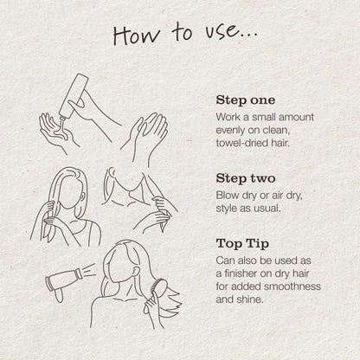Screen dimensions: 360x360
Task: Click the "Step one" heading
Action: point(246,100)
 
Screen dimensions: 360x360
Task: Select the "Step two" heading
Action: point(246,178)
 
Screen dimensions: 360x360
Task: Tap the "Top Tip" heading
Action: point(242,244)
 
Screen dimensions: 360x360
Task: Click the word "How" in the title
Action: point(136,35)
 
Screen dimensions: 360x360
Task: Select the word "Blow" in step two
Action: point(228,196)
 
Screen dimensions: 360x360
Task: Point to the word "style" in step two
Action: point(227,209)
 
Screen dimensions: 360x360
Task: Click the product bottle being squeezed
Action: point(74,96)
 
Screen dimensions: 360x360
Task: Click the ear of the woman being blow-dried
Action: point(136,272)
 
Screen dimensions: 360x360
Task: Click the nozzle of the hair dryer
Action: point(79,273)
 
